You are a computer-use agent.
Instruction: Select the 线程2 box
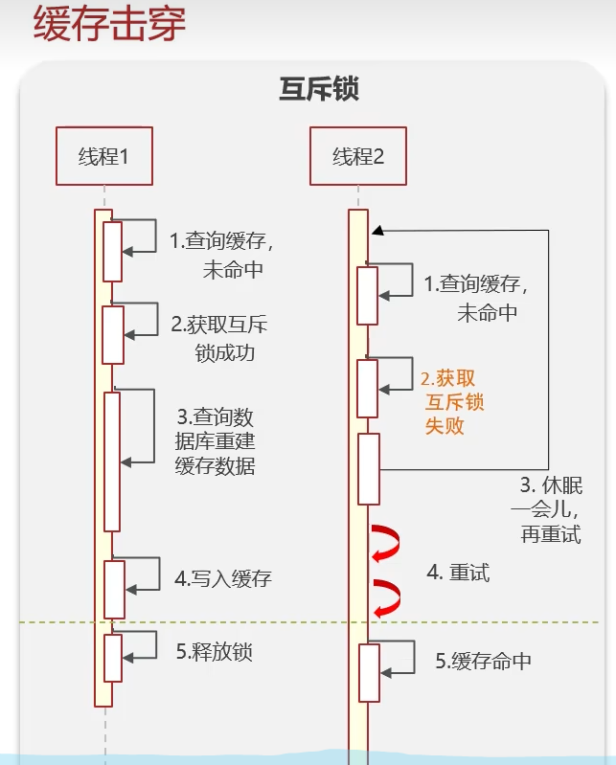click(x=358, y=156)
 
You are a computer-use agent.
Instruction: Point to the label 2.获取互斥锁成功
click(x=218, y=338)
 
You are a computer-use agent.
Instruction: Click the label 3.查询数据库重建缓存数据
click(x=216, y=441)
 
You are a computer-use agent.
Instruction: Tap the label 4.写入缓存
click(x=222, y=578)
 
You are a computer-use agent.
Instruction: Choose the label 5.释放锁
click(x=214, y=652)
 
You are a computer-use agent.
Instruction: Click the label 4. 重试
click(x=458, y=573)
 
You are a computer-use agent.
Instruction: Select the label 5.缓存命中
click(x=483, y=661)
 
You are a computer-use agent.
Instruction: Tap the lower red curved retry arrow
click(x=386, y=597)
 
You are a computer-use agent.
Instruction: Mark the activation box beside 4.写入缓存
click(x=114, y=589)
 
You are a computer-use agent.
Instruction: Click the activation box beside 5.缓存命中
click(x=369, y=672)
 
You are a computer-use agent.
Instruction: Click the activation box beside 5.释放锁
click(x=113, y=657)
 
